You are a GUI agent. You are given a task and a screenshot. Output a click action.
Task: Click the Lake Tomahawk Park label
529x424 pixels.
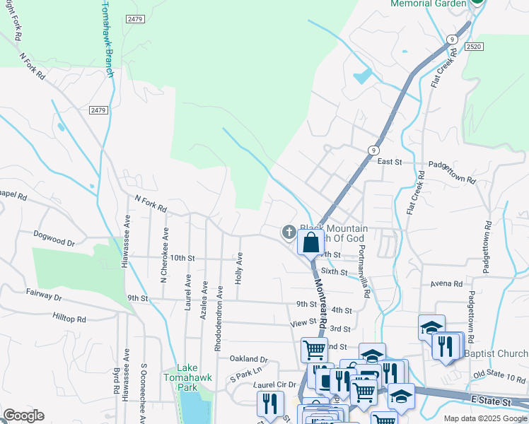[187, 377]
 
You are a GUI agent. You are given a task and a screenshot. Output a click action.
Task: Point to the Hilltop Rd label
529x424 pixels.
[69, 319]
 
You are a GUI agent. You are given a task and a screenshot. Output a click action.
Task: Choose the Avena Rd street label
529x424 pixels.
[446, 283]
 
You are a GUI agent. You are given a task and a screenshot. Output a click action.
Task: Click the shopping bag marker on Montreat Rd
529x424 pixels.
[310, 242]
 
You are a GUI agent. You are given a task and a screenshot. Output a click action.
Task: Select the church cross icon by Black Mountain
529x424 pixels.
[289, 231]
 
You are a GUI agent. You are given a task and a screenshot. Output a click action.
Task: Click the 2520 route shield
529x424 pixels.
[475, 46]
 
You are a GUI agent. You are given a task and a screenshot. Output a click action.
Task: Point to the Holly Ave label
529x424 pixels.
[239, 269]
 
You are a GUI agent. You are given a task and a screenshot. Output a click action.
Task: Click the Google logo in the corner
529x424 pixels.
[23, 415]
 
